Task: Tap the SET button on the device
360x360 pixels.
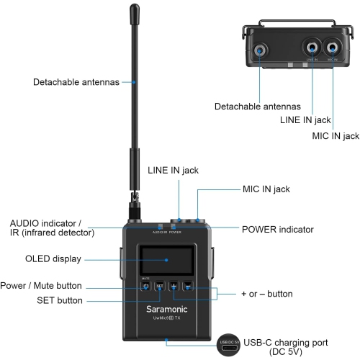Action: tap(161, 285)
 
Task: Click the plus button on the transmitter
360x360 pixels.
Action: tap(174, 285)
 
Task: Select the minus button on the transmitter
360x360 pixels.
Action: tap(187, 285)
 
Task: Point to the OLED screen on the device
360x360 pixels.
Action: tap(166, 259)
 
